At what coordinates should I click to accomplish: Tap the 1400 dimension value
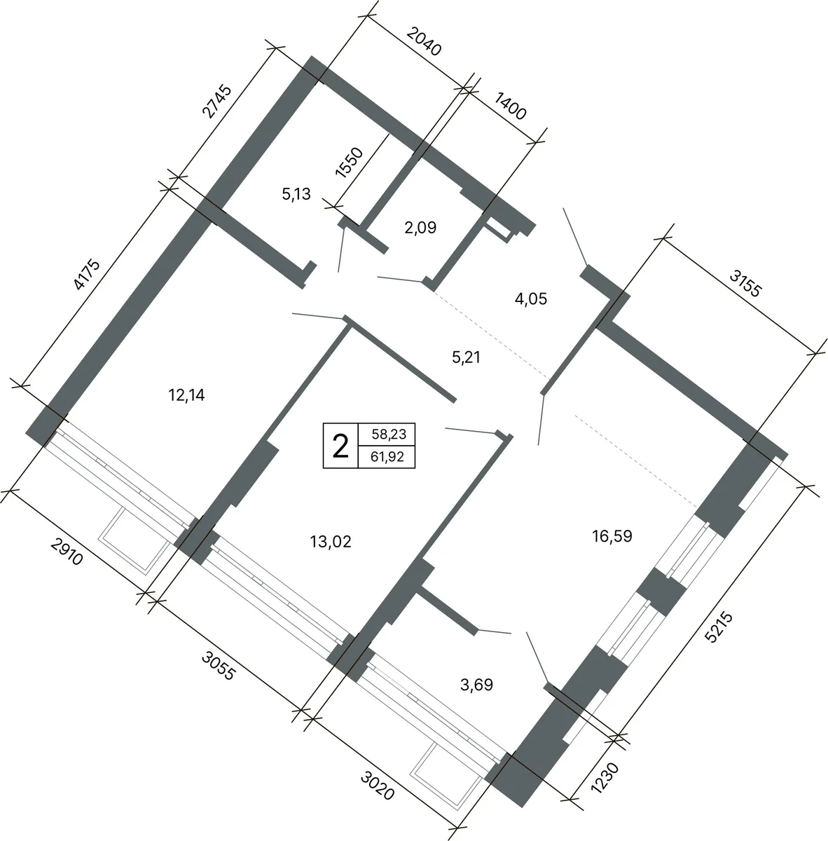tap(510, 106)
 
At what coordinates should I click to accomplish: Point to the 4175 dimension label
tap(87, 275)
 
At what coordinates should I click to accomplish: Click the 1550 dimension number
tap(349, 163)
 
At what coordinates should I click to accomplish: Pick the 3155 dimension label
tap(745, 283)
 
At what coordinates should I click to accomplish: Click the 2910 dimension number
tap(67, 552)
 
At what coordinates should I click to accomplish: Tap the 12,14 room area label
tap(186, 395)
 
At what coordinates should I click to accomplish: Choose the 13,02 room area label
tap(331, 542)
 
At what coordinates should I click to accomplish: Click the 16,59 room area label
tap(612, 535)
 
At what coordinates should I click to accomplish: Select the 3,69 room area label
tap(476, 685)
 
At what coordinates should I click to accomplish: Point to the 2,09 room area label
tap(420, 227)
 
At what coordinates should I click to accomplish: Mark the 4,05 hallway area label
tap(531, 299)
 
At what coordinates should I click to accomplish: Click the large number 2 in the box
tap(340, 446)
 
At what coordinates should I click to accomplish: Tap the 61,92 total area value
tap(387, 457)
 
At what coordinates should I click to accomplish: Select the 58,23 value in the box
tap(389, 434)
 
